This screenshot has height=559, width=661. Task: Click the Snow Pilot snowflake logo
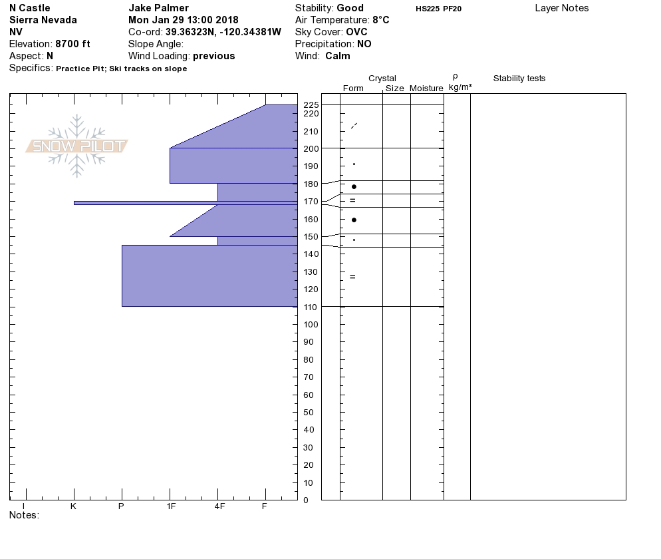76,146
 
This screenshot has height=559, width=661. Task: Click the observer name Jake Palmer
158,8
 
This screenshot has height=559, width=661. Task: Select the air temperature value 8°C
380,20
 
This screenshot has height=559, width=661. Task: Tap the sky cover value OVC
356,32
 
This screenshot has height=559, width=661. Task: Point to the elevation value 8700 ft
73,44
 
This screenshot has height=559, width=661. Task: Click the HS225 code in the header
428,9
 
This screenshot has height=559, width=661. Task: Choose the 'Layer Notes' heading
561,8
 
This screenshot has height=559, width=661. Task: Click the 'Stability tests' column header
519,79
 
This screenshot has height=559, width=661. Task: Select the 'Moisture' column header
426,88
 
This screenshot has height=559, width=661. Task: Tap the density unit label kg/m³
460,87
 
